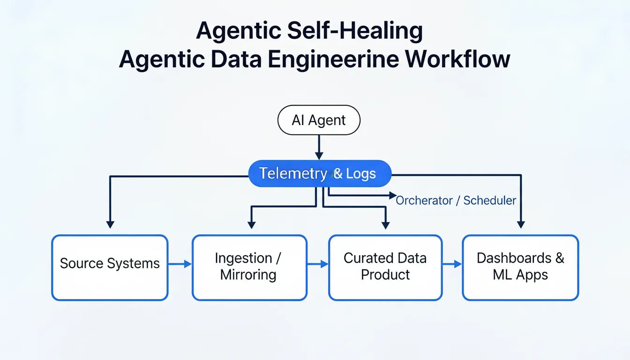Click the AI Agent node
[319, 120]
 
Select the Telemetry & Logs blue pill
[319, 174]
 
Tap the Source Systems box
[110, 267]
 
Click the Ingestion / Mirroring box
[249, 267]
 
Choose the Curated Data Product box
[385, 267]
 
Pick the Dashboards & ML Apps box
[520, 267]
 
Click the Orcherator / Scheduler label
[456, 201]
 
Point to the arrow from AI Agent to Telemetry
[319, 147]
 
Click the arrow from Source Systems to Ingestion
[180, 264]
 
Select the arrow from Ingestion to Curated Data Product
[318, 264]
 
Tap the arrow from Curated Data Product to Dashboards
[452, 264]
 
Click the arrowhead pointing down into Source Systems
[110, 225]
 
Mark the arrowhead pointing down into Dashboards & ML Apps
[521, 225]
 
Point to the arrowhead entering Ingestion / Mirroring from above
[252, 225]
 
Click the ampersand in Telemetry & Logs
[338, 174]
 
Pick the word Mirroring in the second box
[248, 275]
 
